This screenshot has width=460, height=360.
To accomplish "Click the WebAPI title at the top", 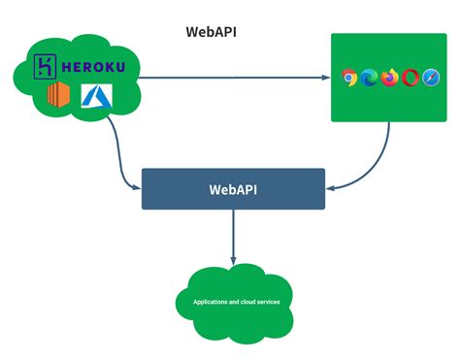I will (212, 31).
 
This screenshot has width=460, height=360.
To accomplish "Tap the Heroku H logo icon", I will (45, 68).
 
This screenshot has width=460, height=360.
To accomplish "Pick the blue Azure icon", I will (95, 95).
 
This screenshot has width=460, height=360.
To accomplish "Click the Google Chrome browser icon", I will (351, 78).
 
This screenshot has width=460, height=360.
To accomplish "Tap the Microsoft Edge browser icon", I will (370, 78).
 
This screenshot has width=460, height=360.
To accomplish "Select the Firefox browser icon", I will (390, 78).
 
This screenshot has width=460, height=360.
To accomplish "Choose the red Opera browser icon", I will (410, 78).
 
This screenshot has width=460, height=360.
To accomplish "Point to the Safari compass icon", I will (429, 78).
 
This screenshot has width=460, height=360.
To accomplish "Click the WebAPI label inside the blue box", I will (232, 188).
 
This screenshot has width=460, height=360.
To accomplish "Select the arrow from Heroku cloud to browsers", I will (233, 78).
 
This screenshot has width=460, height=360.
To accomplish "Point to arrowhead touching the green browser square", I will (325, 78).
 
